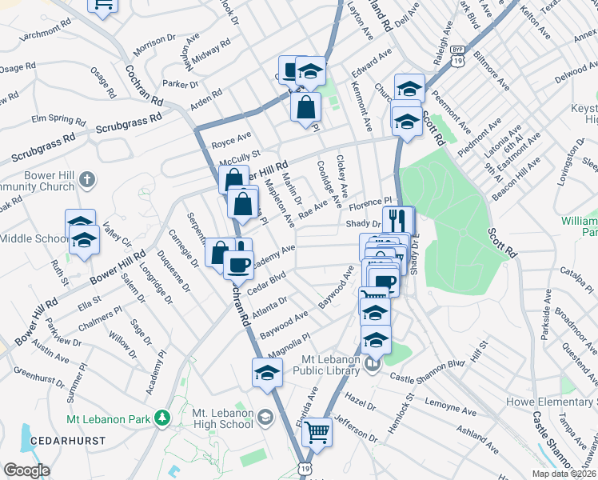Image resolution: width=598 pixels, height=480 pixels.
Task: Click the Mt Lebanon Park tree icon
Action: point(162,418)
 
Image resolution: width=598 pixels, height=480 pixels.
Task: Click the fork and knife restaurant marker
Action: point(397,220)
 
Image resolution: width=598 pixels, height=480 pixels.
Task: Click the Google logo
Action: point(26,470)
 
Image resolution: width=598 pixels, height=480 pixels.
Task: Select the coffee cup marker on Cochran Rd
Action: point(237,262)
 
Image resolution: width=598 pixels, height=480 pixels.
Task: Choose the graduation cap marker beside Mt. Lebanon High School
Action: point(267,372)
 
